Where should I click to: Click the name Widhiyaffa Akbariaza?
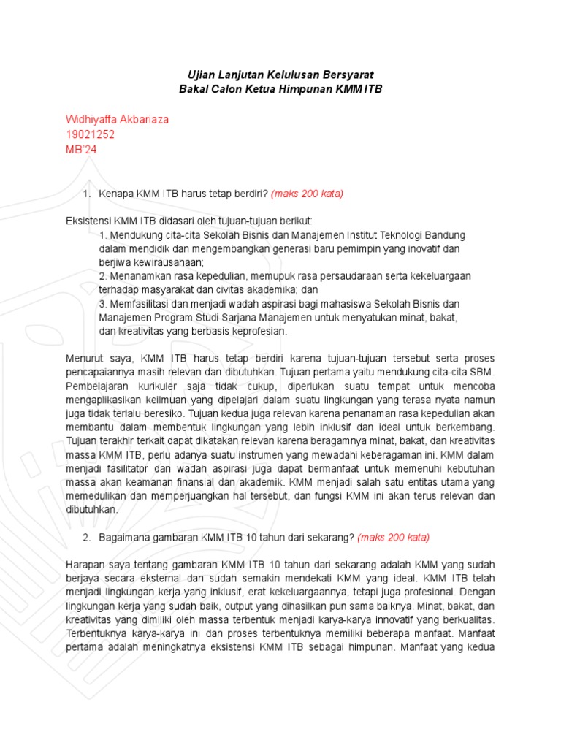(x=122, y=119)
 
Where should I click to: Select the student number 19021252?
(x=90, y=134)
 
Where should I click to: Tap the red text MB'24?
(x=81, y=150)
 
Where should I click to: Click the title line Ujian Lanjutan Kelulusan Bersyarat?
(x=280, y=74)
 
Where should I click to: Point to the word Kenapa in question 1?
(x=115, y=194)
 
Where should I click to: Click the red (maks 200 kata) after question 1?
(x=307, y=194)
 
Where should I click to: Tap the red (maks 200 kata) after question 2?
(x=393, y=538)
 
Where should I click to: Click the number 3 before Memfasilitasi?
(x=102, y=303)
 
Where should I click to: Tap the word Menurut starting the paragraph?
(x=84, y=359)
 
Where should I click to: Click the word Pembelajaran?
(x=97, y=386)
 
